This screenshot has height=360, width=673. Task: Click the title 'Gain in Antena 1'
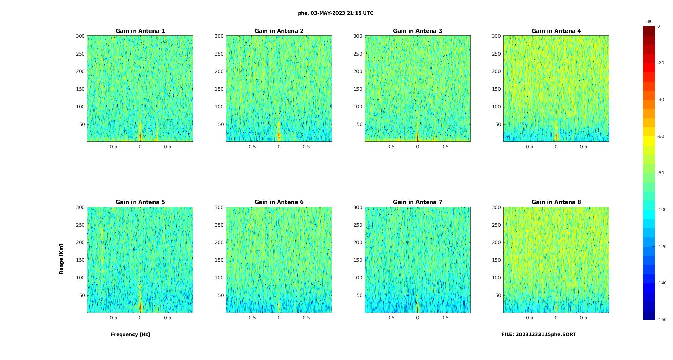click(x=140, y=31)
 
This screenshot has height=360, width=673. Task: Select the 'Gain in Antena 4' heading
click(x=556, y=31)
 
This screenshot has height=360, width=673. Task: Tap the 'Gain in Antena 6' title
click(x=279, y=202)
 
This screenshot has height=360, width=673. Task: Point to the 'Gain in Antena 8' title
click(x=556, y=202)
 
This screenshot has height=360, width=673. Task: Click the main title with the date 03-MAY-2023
click(x=335, y=13)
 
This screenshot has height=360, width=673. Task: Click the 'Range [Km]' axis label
click(x=61, y=259)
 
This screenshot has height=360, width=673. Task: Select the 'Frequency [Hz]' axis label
click(x=130, y=334)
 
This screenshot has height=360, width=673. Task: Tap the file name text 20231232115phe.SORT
click(x=538, y=334)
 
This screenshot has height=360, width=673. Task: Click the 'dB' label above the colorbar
click(x=649, y=22)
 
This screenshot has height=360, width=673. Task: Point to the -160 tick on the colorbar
click(x=662, y=320)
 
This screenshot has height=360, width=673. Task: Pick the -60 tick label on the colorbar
click(x=661, y=136)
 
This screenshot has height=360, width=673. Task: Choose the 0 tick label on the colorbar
click(x=659, y=26)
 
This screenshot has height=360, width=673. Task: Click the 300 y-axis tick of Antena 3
click(x=358, y=36)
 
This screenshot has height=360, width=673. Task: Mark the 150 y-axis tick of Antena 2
click(x=219, y=89)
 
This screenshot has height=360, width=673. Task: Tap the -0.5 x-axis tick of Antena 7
click(x=390, y=318)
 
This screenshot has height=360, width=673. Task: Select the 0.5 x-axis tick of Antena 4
click(x=584, y=147)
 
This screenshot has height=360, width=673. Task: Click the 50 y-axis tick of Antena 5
click(x=82, y=296)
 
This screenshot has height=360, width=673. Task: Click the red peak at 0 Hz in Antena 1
click(x=140, y=136)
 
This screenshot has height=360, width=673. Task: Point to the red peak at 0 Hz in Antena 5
click(x=140, y=308)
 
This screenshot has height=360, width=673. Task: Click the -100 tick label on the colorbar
click(x=662, y=210)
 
